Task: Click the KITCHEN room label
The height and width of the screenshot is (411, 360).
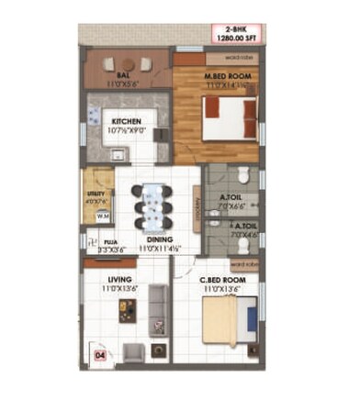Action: (x=127, y=120)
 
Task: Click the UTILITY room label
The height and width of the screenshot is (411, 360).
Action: (x=96, y=194)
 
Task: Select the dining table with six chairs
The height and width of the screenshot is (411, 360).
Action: (x=152, y=206)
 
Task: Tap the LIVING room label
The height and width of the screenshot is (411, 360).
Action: (x=120, y=278)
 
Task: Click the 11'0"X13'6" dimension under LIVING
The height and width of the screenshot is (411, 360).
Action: (x=120, y=288)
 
